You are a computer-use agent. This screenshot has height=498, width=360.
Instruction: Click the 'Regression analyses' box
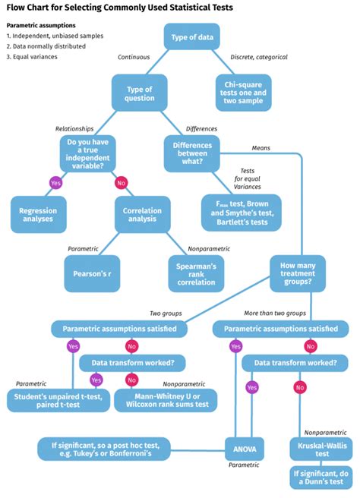point(38,215)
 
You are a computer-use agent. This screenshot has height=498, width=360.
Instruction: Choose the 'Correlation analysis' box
point(142,215)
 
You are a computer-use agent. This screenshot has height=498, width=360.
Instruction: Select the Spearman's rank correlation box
point(197,272)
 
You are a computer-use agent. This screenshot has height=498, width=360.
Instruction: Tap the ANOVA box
point(245,449)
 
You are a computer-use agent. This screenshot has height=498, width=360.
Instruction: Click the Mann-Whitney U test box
point(165,400)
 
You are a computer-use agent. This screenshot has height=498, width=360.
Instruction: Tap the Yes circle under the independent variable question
point(55,182)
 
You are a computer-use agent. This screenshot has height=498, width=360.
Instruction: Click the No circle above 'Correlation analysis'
point(120,182)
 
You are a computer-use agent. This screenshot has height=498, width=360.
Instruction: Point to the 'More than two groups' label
point(274,313)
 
